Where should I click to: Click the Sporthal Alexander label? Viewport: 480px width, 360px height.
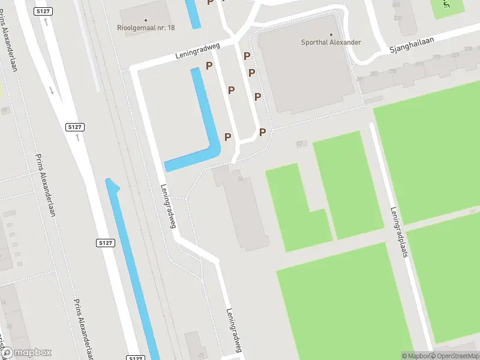tap(331, 43)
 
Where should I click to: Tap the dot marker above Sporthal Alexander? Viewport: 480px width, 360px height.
tap(331, 34)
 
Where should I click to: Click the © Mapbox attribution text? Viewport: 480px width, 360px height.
tap(416, 356)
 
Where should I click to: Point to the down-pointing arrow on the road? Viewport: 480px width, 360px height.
tap(52, 91)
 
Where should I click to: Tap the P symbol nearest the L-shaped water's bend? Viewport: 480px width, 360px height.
tap(227, 137)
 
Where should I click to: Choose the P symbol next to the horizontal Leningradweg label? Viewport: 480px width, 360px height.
tap(209, 66)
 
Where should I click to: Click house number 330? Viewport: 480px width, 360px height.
tap(397, 19)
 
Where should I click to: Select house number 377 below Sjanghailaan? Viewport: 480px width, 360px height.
tap(419, 64)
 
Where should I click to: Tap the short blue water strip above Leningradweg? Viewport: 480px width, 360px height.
tap(193, 13)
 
